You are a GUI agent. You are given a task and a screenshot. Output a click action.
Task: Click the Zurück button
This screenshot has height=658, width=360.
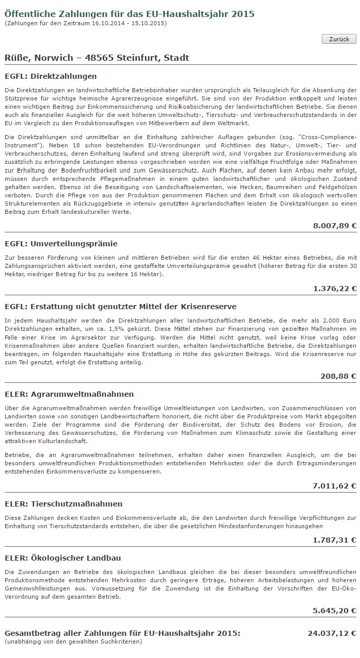(x=339, y=39)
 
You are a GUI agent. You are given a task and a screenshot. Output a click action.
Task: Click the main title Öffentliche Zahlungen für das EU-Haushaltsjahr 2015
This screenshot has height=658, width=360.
(x=129, y=14)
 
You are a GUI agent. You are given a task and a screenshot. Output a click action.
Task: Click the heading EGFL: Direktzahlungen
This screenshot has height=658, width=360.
(x=50, y=76)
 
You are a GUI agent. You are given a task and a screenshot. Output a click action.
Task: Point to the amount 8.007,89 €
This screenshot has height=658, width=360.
(x=334, y=226)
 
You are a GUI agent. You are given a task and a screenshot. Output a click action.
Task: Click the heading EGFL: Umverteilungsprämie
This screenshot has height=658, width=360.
(x=61, y=244)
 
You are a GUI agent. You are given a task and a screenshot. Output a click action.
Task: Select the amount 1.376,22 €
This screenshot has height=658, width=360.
(x=334, y=289)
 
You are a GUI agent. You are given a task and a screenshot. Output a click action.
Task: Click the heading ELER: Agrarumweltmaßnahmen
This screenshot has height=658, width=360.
(x=69, y=394)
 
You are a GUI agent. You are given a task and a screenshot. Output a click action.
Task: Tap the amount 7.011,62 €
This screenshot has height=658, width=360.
(x=334, y=486)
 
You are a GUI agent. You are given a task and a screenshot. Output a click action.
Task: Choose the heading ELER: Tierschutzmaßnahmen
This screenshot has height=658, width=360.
(x=63, y=504)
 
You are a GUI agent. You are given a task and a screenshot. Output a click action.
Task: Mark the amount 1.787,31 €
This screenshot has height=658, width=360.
(x=334, y=540)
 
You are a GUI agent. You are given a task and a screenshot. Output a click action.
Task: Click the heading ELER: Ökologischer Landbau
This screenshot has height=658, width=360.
(x=62, y=558)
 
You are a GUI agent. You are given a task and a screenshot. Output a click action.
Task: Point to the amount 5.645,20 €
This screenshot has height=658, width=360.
(x=334, y=611)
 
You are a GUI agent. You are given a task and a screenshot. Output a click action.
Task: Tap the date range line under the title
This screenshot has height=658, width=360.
(x=85, y=23)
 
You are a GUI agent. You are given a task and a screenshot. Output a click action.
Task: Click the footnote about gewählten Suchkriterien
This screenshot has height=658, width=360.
(x=73, y=642)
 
